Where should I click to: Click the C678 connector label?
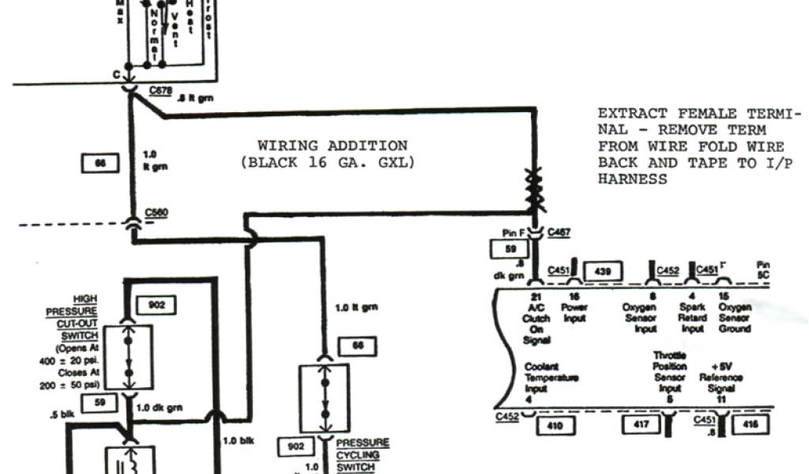coord(161,91)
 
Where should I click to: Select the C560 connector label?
coord(156,213)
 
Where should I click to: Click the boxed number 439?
coord(602,271)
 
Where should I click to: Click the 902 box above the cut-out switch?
coord(156,304)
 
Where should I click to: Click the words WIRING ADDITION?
coord(333,145)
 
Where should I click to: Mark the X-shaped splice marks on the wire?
coord(533,190)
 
